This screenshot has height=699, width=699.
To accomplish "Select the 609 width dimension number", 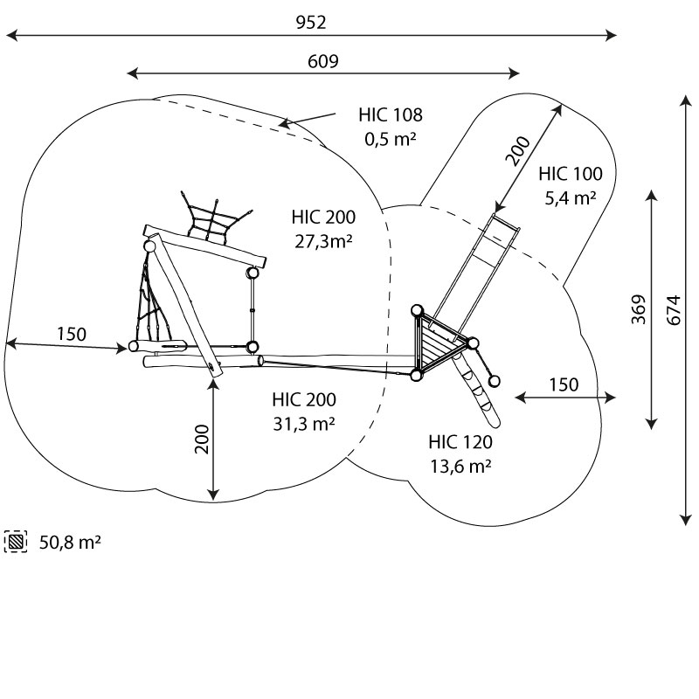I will (322, 61).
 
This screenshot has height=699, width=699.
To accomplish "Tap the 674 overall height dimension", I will (672, 308).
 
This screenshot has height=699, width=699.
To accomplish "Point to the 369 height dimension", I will (638, 308).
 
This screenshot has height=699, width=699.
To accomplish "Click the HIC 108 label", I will (390, 114).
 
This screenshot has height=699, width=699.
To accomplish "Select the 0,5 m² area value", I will (390, 137).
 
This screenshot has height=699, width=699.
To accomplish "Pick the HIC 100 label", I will (570, 173).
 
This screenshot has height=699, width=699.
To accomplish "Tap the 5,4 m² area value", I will (570, 197).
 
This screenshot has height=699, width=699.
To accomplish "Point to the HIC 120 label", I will (460, 442).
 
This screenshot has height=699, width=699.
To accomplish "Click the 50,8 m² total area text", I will (70, 543).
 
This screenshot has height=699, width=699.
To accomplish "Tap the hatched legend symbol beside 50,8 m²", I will (17, 542).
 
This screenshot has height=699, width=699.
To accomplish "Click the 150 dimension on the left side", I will (72, 334).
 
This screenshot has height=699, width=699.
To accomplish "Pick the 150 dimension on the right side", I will (564, 384).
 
